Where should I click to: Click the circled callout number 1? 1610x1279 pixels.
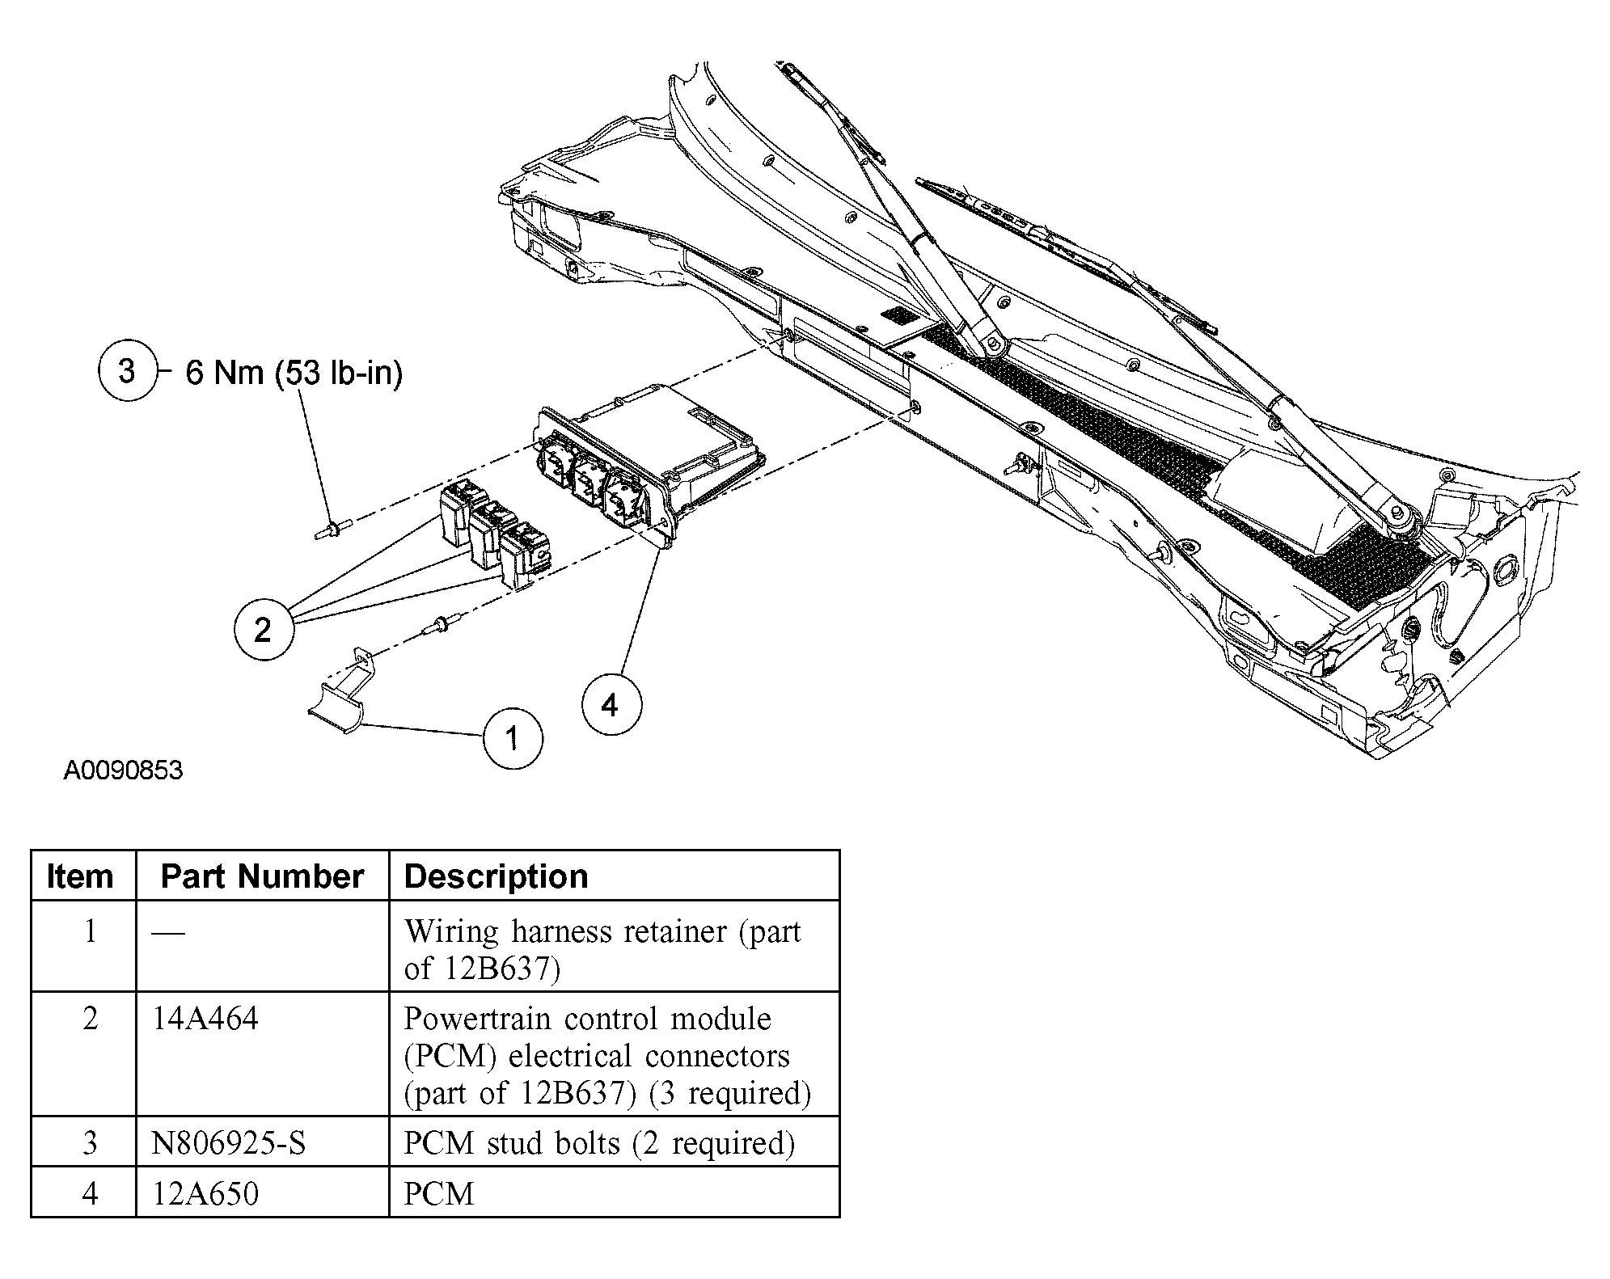coord(512,739)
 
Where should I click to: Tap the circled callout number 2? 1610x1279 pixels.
coord(263,630)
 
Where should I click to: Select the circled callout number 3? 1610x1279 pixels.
coord(127,371)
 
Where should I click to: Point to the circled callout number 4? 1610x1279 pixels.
coord(611,706)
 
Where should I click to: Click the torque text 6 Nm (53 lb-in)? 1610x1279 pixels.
coord(294,373)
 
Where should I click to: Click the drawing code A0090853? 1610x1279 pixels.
coord(123,770)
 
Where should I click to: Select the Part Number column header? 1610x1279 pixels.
coord(262,876)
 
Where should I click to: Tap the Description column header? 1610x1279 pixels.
coord(496,876)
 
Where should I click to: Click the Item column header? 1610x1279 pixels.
coord(80,876)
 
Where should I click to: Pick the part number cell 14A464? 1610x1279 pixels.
coord(205,1019)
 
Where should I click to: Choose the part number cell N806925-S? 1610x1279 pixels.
coord(229,1143)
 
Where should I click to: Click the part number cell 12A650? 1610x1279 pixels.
coord(205,1193)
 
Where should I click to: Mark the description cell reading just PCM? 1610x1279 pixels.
coord(439,1193)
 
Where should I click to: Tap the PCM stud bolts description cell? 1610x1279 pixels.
coord(599,1143)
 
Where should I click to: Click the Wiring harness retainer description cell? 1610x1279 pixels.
coord(602,949)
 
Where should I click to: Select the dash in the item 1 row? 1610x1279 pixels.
coord(167,933)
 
